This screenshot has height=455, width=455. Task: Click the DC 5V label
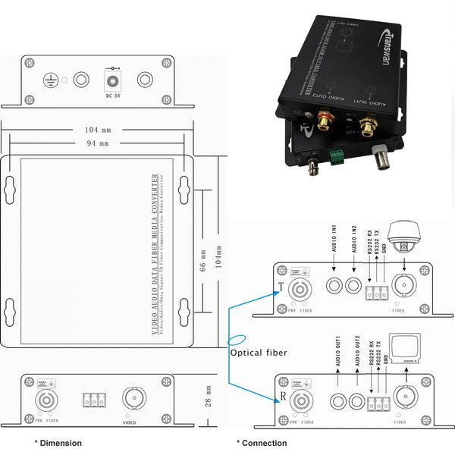point(113,95)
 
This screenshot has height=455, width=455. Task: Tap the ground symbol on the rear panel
point(51,79)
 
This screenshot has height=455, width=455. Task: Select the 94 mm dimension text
point(97,143)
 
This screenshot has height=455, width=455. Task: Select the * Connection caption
point(262,443)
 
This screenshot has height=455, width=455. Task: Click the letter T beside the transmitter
point(281,287)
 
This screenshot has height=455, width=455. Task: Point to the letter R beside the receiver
point(282,397)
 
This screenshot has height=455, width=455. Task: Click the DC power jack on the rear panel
point(113,79)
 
